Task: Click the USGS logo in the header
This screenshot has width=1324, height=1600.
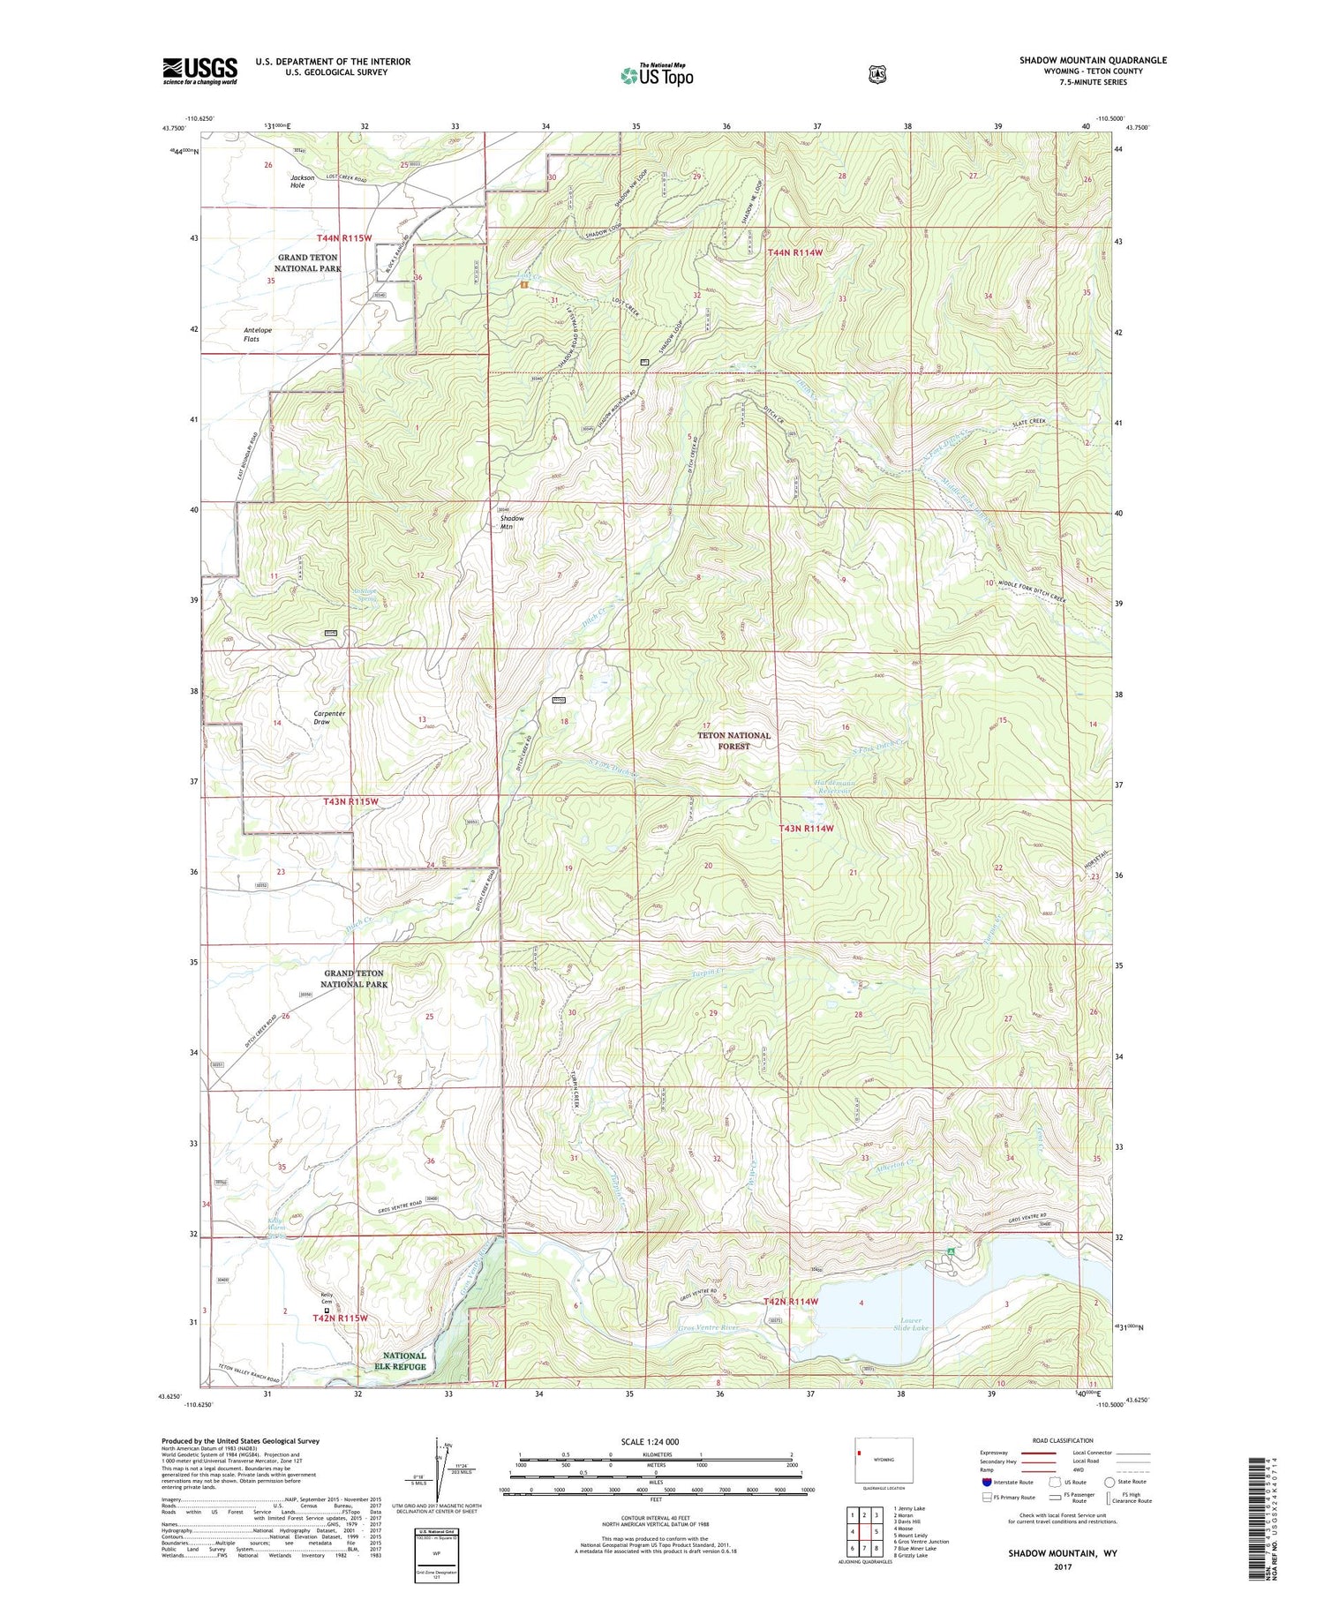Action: click(x=199, y=71)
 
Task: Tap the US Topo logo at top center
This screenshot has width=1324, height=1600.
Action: click(x=657, y=75)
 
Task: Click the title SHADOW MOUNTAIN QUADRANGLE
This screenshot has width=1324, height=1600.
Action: click(x=1093, y=60)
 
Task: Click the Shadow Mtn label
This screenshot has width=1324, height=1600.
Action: click(x=511, y=522)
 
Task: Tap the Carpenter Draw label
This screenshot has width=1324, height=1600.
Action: click(x=321, y=717)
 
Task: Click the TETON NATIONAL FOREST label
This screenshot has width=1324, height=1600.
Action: click(x=733, y=740)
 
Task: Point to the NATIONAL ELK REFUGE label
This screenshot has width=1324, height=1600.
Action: click(x=404, y=1361)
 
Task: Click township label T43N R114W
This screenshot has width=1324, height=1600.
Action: click(x=806, y=828)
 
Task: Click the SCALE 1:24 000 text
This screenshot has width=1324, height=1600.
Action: click(x=649, y=1441)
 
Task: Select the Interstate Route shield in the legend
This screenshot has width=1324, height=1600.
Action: click(x=986, y=1482)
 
